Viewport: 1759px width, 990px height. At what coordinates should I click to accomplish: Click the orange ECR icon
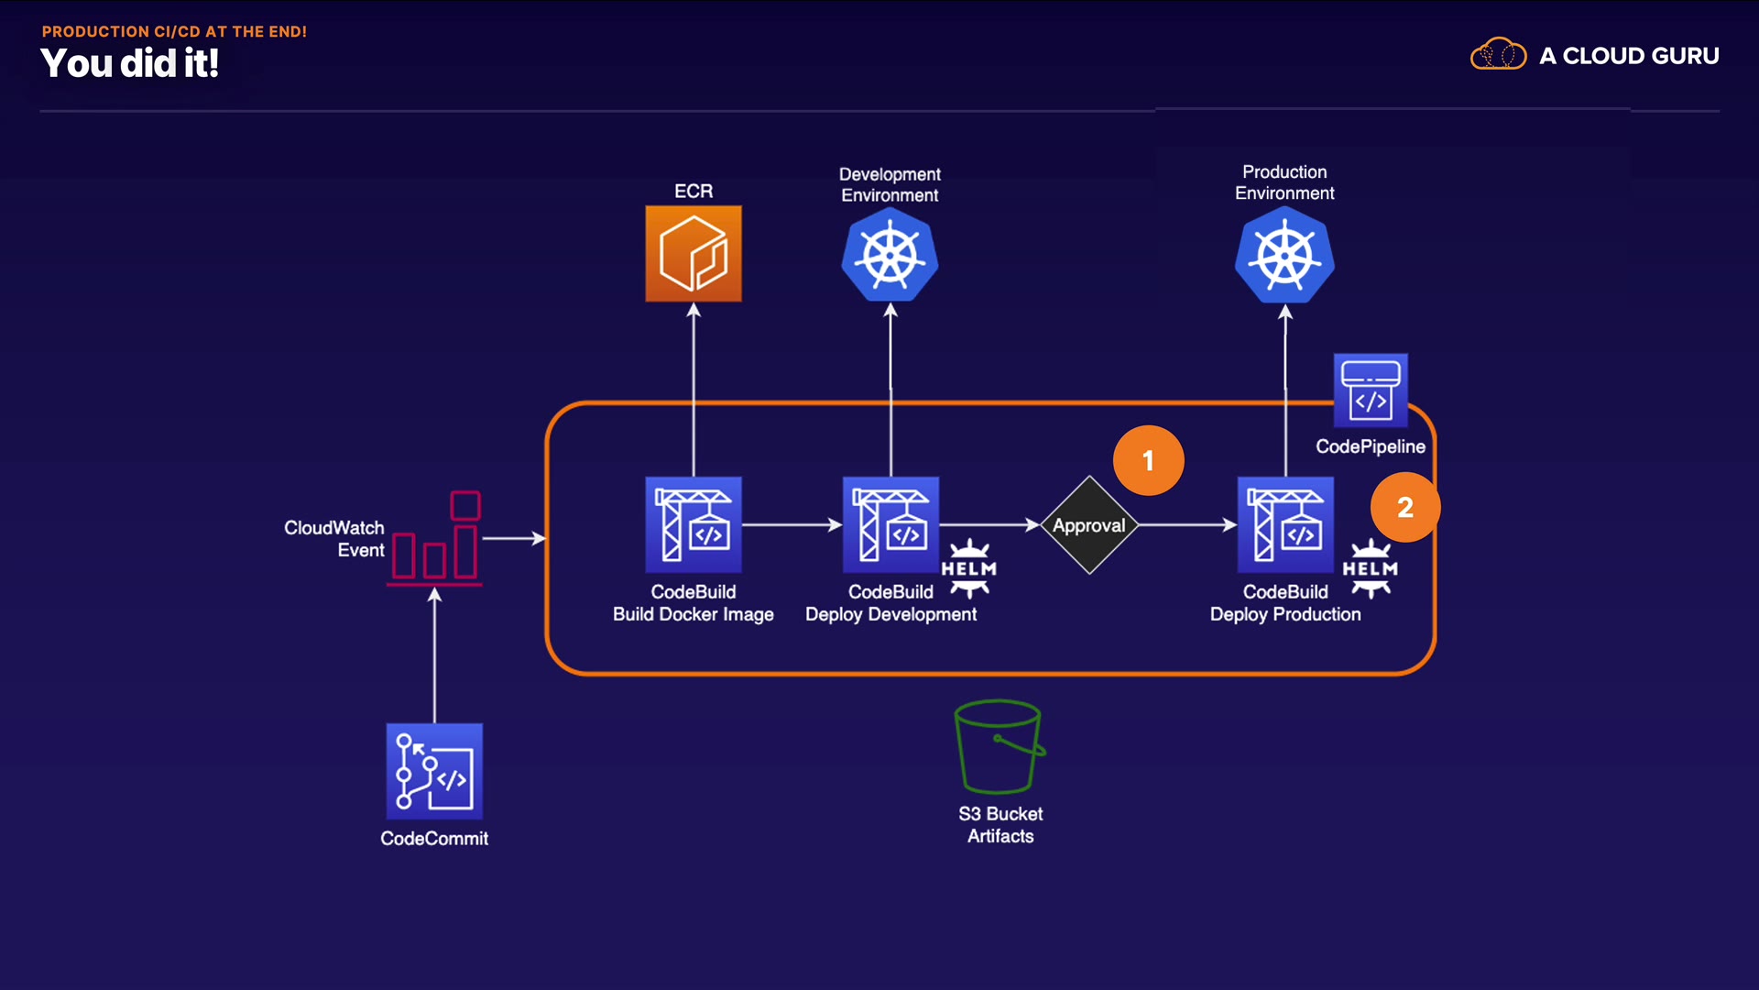tap(694, 254)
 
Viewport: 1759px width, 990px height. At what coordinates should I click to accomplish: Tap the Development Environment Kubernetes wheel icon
tap(890, 255)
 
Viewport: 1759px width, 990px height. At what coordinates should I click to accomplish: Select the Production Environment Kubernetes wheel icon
tap(1284, 255)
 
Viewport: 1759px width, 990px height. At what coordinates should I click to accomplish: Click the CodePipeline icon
tap(1371, 390)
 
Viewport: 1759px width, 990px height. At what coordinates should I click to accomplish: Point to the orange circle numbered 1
tap(1148, 460)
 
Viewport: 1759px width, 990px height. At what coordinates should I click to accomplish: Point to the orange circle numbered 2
tap(1405, 507)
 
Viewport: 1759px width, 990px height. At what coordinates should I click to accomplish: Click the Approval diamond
tap(1089, 525)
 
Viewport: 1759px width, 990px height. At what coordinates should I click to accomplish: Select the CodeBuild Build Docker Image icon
tap(694, 525)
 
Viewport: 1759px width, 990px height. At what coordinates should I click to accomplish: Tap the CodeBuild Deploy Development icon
tap(890, 525)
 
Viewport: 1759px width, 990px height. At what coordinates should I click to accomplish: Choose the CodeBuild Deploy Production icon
tap(1285, 525)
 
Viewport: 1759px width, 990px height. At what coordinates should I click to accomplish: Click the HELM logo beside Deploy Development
tap(969, 568)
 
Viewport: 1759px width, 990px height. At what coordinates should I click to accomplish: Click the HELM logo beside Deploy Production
tap(1371, 568)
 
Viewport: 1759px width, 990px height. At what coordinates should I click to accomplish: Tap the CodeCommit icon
tap(434, 771)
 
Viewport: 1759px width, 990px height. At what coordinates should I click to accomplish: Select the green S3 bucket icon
tap(1000, 747)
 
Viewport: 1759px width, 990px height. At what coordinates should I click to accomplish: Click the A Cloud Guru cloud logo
tap(1498, 55)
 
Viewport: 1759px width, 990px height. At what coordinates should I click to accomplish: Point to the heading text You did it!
tap(129, 63)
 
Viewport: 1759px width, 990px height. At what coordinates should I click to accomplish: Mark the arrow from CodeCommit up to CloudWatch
tap(435, 655)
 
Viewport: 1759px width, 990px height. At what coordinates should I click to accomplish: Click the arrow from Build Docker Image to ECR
tap(694, 390)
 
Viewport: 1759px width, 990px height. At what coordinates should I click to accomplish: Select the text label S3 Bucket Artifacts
tap(1000, 825)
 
